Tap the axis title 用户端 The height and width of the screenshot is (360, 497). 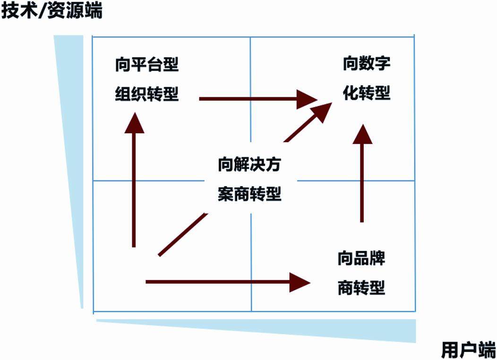pyautogui.click(x=468, y=350)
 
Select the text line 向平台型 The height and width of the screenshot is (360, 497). pyautogui.click(x=147, y=64)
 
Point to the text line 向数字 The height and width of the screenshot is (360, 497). pyautogui.click(x=367, y=63)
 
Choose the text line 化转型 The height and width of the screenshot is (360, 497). pyautogui.click(x=367, y=93)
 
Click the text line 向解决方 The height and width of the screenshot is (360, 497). pyautogui.click(x=250, y=165)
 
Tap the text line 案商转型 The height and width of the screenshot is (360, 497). pyautogui.click(x=250, y=194)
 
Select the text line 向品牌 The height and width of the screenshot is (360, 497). pyautogui.click(x=361, y=258)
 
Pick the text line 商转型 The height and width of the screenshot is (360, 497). pyautogui.click(x=361, y=287)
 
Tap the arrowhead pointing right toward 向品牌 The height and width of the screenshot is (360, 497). pyautogui.click(x=301, y=282)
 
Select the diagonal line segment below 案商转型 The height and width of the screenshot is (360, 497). pyautogui.click(x=182, y=233)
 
